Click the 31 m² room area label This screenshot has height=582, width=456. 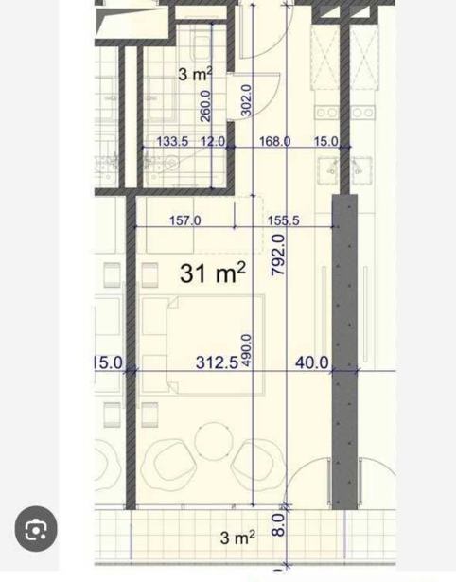213,273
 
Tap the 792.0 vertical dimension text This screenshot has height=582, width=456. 279,255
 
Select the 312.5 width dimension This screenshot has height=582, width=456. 217,362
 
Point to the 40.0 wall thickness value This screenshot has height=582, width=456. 312,362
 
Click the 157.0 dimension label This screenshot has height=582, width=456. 185,220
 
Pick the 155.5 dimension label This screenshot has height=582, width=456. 284,220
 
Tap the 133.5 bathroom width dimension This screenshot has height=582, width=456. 172,141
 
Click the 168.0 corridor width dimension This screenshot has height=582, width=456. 274,141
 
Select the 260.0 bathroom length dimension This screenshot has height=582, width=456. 205,106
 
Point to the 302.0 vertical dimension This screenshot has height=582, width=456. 247,100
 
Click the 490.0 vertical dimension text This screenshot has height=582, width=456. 247,350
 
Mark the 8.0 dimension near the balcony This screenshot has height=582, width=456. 279,524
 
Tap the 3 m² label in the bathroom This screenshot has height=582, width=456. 195,74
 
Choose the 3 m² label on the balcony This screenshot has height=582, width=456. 237,538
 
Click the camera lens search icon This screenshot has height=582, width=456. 36,529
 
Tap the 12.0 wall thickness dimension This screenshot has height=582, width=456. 213,141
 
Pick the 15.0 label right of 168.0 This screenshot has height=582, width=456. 326,141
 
